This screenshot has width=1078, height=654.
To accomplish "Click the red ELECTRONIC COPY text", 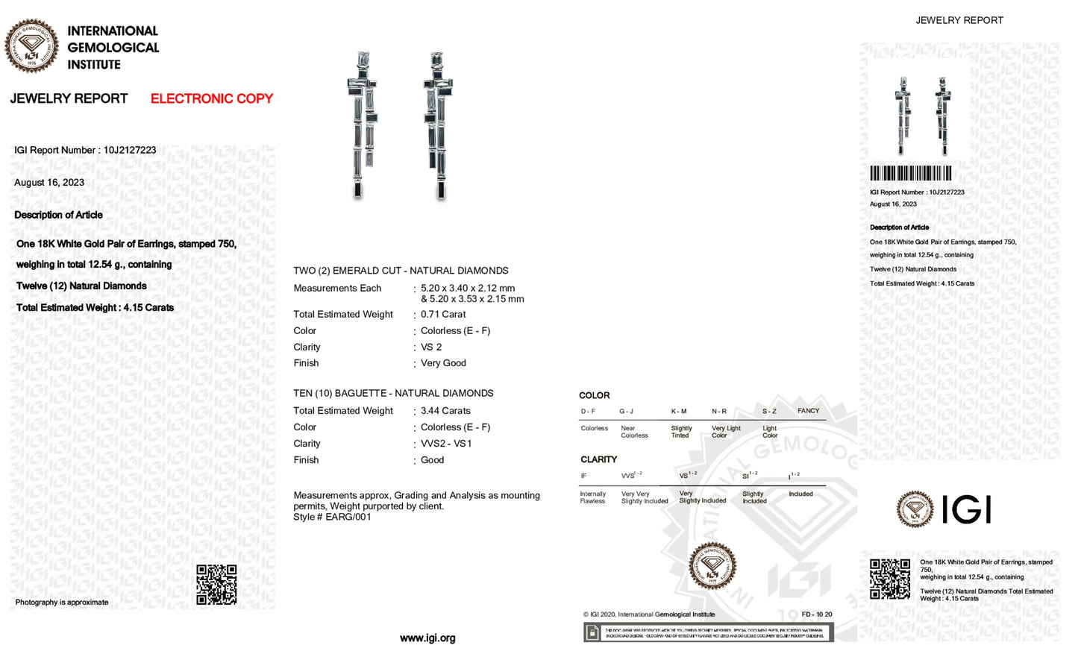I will point(211,98).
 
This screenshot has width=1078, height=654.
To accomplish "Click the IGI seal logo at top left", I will point(31,46).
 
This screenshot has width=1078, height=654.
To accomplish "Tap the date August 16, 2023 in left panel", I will point(49,183).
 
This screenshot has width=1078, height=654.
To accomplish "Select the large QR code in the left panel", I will point(216,584).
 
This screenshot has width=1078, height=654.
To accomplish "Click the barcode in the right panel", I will point(910,174).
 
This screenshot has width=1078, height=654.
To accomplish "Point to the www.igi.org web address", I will point(427,638).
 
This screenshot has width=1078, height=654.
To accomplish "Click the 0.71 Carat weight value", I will point(443,315).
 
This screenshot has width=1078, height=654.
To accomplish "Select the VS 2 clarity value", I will point(431,348).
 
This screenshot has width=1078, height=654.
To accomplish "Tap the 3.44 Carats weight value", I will point(445,411).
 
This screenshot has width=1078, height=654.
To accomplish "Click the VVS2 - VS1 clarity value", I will point(446,444).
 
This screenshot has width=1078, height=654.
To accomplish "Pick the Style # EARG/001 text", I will point(332,517).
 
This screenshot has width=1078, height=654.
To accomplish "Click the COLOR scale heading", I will point(594,395).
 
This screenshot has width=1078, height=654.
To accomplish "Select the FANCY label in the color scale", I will point(808,411).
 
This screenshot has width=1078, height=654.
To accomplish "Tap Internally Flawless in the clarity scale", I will point(592,497).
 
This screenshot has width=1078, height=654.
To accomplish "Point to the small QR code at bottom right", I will point(889,579).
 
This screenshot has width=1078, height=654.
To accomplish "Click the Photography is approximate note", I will point(62,603).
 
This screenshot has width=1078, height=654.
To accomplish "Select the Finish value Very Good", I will point(443,363).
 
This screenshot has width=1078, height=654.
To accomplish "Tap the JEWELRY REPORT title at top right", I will point(959,21).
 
